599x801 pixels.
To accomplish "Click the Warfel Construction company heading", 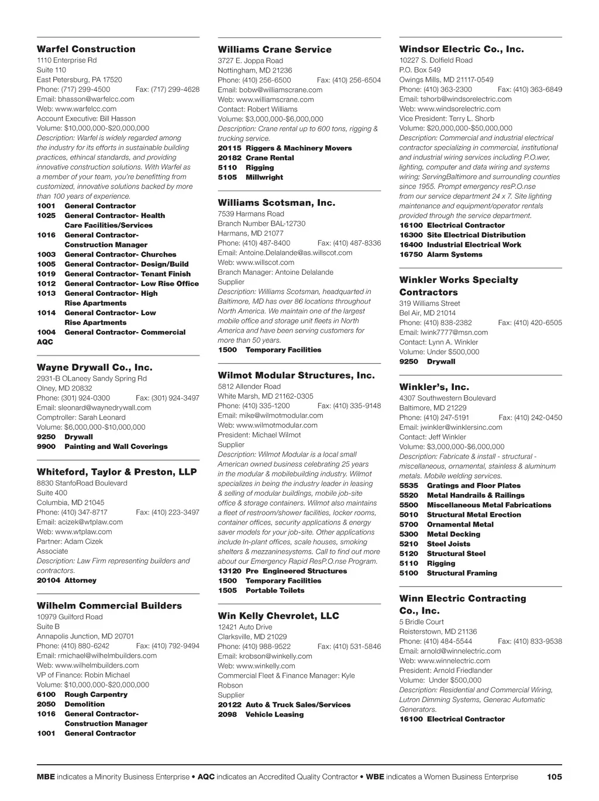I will [x=86, y=49].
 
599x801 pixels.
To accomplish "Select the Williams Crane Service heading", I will [x=274, y=50].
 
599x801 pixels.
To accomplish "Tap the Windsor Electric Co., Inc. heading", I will [x=462, y=49].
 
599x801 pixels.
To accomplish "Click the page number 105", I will [x=554, y=776].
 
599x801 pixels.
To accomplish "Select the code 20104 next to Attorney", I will [x=49, y=580].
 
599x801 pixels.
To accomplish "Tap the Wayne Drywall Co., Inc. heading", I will [x=94, y=368].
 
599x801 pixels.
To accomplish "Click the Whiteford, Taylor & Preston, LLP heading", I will [x=117, y=472].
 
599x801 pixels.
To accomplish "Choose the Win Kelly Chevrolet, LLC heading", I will [x=278, y=616].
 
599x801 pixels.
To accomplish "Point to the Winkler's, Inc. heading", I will [x=434, y=387].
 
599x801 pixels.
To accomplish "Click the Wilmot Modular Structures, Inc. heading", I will [x=296, y=375].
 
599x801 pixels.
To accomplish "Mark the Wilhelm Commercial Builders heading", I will [x=109, y=606].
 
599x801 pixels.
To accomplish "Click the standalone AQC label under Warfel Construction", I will [x=45, y=342].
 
